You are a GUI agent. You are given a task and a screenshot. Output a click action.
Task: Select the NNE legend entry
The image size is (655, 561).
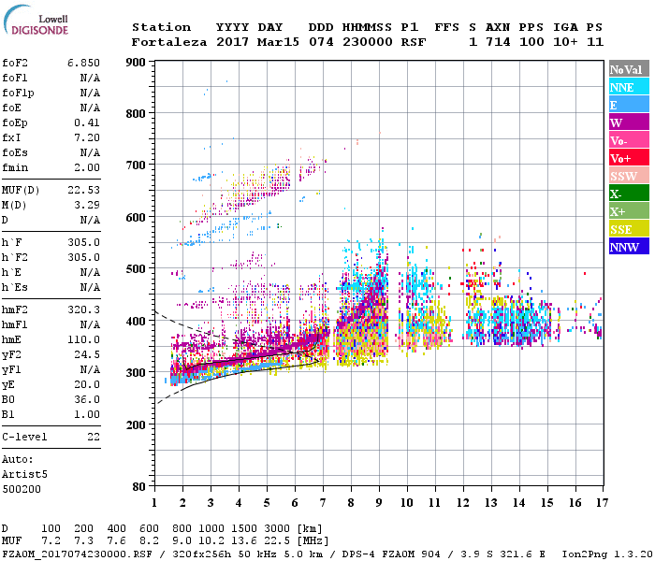pos(622,87)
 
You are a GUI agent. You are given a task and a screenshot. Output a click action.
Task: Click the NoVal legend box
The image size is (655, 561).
pos(626,69)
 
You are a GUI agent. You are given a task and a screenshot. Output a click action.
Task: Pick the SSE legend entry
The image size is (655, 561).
pos(622,229)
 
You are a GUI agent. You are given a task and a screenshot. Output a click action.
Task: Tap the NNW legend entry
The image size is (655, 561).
pos(624,247)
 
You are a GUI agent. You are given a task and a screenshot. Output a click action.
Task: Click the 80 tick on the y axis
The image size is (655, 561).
pos(140,487)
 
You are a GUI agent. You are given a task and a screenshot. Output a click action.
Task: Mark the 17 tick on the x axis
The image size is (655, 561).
pos(600,502)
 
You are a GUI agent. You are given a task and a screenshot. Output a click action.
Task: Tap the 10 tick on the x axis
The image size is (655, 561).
pos(406,502)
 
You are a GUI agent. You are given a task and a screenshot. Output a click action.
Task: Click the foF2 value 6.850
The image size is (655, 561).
pos(83,62)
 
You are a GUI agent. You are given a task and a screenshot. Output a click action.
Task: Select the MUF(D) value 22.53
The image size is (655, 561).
pos(83,190)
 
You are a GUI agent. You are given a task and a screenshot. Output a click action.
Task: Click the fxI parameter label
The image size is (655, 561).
pos(12,137)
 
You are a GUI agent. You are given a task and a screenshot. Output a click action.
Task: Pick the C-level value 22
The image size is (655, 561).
pos(94,437)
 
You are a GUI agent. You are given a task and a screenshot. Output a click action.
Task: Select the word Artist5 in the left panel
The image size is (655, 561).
pos(24,474)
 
